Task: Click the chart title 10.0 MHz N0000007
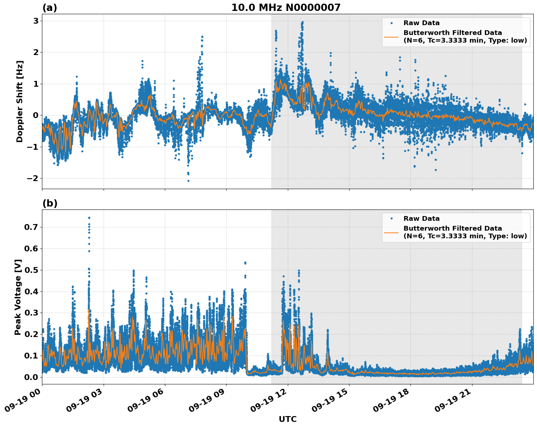286,8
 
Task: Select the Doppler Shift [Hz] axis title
20,101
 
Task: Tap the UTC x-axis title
287,419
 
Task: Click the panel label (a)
50,8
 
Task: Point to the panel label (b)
50,203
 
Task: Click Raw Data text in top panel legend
421,23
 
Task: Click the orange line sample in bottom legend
391,232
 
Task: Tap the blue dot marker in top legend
391,23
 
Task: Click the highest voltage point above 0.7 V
89,218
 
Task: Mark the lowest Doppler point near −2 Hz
188,181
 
